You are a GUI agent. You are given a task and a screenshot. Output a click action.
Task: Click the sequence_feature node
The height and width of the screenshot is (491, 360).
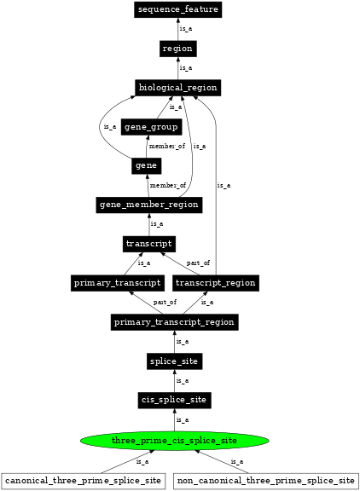coord(177,9)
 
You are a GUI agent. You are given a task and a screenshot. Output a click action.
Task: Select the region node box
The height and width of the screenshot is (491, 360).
coord(177,49)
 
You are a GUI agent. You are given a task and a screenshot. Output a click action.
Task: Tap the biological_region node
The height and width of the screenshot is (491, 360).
coord(177,88)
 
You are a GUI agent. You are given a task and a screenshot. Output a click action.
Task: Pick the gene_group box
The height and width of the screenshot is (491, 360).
coord(151,127)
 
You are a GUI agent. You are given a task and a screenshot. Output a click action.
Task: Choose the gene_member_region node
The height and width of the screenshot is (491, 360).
coord(149,205)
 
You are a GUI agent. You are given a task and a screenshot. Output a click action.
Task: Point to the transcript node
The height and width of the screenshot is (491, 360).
coord(149,244)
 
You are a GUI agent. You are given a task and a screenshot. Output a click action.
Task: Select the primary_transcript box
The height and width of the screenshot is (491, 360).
coord(116,283)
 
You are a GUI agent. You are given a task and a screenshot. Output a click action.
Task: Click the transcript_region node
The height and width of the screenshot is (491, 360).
coord(215,283)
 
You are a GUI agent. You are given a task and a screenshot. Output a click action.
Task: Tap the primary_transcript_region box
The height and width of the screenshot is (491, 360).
coord(174,322)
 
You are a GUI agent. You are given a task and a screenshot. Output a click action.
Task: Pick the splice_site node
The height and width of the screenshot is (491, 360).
coord(174,361)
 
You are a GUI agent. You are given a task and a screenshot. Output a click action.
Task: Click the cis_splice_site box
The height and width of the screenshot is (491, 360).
coord(174,400)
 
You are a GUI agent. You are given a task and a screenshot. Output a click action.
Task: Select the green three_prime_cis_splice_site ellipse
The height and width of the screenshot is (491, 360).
coord(174,441)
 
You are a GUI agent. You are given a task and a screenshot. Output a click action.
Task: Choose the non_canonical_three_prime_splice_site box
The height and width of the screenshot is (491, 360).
coord(266,481)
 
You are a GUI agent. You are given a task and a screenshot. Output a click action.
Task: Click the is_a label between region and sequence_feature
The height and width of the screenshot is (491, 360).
coord(185,29)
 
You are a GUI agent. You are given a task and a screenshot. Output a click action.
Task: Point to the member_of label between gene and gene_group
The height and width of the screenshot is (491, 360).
coord(166,147)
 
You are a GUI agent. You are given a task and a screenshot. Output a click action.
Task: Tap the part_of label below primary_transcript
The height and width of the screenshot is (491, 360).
coord(165,303)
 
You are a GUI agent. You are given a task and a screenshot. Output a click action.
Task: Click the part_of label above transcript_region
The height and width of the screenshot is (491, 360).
coord(198,263)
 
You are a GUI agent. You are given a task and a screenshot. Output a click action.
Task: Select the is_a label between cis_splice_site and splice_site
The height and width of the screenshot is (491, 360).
coord(182,381)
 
